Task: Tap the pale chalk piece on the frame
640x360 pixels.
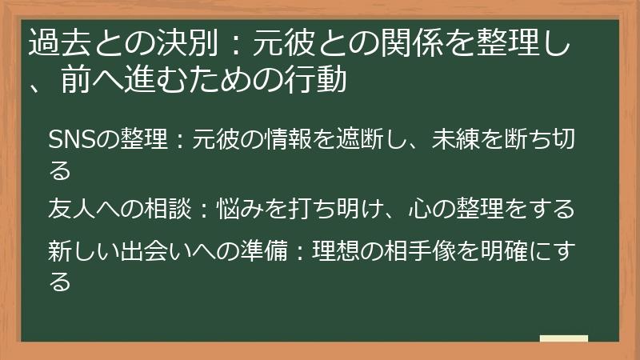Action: coord(563,339)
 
